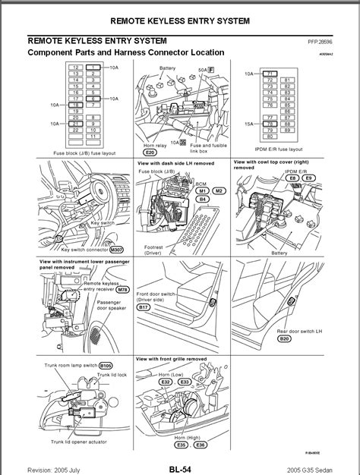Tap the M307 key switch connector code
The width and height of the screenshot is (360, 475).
115,249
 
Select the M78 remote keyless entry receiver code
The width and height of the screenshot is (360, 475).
122,289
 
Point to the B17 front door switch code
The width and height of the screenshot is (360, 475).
144,307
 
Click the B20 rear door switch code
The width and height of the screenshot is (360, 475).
284,339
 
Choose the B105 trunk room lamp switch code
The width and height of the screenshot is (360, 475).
106,365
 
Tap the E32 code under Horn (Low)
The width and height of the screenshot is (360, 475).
165,382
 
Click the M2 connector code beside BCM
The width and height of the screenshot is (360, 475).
219,190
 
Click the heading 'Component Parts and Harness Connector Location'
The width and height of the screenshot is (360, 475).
125,52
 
